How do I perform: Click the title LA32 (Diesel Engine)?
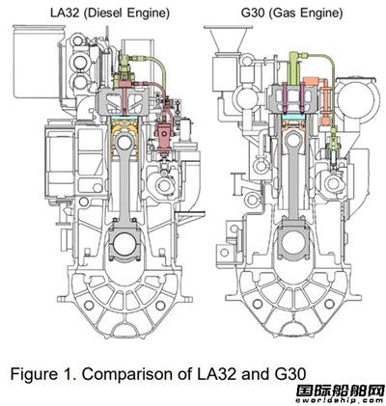click(x=110, y=14)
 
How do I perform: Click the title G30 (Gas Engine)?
click(x=291, y=14)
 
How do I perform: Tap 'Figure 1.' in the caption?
click(x=44, y=374)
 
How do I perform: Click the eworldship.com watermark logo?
click(x=341, y=393)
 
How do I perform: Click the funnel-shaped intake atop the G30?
click(x=228, y=38)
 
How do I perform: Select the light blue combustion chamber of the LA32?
click(x=124, y=118)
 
